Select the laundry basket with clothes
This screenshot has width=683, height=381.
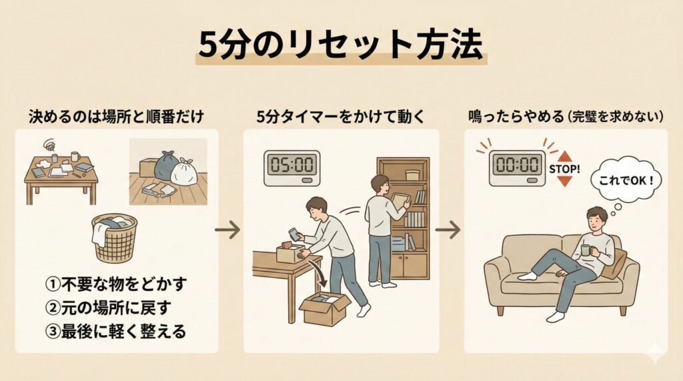coord(114,237)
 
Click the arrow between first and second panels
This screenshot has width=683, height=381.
coord(227,230)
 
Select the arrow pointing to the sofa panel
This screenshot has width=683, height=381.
coord(448,230)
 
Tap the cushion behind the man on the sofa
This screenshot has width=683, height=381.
coord(614,262)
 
